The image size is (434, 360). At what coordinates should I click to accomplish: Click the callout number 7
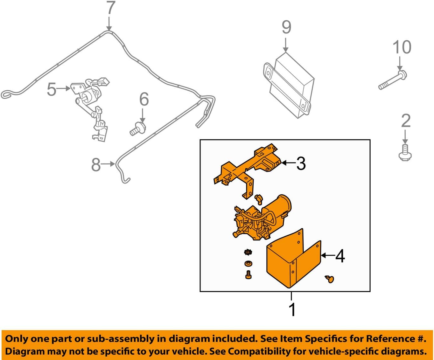pos(110,8)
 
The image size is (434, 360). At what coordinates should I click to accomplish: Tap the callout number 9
pos(286,27)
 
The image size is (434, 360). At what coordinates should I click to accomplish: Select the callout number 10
pos(402,47)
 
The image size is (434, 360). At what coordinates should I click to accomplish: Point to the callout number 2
pos(406,121)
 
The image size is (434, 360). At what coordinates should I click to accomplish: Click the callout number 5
pos(52,89)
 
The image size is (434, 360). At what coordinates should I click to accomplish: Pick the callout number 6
pos(144,99)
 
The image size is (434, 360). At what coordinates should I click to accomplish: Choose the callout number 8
pos(96,165)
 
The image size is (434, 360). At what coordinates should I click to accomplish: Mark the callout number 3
pos(301,163)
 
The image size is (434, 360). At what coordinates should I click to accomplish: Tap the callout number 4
pos(340,256)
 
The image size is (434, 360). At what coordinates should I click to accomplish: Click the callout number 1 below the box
pos(292,309)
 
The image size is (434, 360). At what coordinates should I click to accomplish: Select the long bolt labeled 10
pos(393,80)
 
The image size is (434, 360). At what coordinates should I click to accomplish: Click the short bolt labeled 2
pos(405,153)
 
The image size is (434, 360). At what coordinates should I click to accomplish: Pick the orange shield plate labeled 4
pos(290,261)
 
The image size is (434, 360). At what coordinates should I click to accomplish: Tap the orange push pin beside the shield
pos(330,279)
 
